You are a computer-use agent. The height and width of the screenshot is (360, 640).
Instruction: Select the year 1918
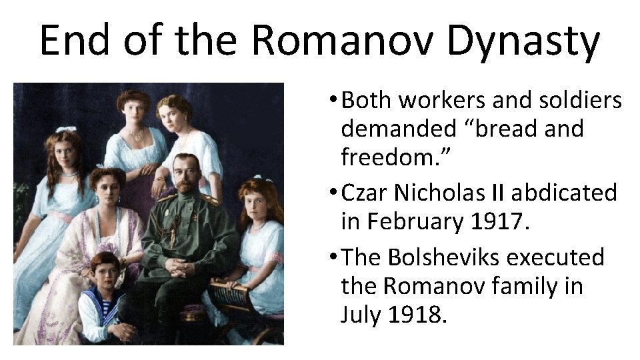pos(418,314)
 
